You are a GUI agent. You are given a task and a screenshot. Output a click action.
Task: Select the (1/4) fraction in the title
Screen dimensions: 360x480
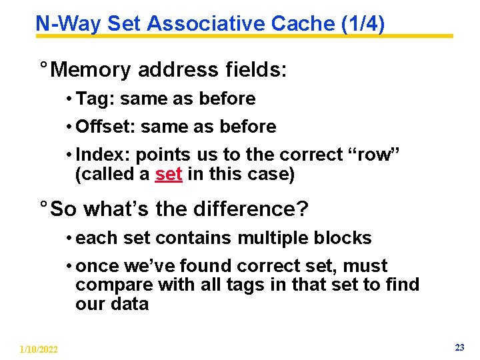(363, 24)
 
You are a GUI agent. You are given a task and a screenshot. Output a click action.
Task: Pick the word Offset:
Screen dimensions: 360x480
(107, 127)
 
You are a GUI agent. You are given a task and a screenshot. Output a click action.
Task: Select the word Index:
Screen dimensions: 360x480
(103, 155)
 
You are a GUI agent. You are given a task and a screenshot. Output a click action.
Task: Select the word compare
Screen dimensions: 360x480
(114, 285)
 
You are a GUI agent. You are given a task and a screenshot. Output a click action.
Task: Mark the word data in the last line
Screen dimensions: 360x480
(129, 305)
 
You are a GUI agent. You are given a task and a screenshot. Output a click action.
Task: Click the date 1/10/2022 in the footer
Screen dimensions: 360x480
(39, 349)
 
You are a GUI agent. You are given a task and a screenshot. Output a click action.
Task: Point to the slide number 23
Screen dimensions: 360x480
(459, 347)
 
